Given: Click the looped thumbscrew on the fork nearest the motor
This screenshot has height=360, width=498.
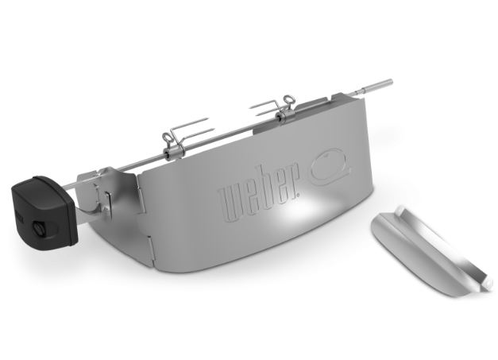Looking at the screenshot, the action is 168,137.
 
